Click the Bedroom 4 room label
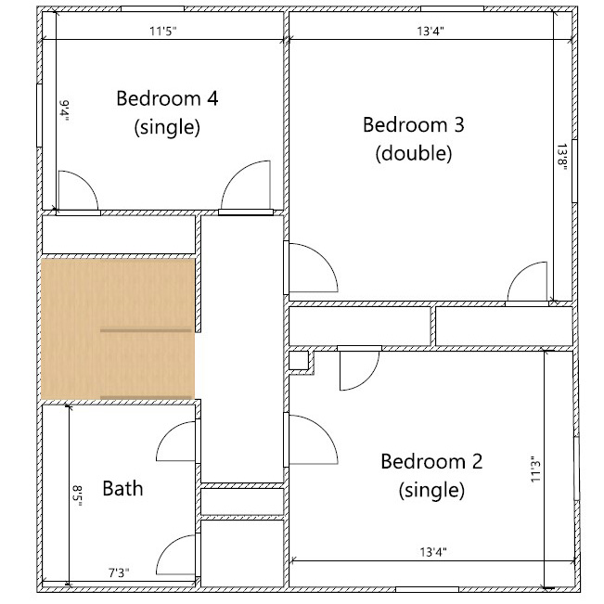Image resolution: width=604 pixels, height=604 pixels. click(167, 98)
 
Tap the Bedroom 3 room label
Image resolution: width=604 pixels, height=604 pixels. click(413, 124)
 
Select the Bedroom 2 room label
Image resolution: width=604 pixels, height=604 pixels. click(431, 461)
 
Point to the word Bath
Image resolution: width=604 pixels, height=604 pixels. click(122, 487)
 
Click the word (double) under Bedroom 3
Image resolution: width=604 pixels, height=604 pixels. click(413, 153)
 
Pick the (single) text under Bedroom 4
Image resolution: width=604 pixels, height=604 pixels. click(167, 127)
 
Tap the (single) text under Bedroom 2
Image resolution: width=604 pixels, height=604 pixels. click(431, 489)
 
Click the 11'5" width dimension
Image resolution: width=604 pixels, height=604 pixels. click(163, 31)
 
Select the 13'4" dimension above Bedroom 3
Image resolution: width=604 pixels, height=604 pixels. click(429, 31)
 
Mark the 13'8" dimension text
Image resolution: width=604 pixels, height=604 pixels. click(561, 157)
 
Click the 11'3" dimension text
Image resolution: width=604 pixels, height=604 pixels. click(536, 470)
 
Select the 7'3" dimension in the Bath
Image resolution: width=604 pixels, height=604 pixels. click(117, 573)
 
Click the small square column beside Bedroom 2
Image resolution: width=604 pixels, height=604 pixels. click(298, 360)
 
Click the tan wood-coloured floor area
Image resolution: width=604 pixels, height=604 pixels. click(117, 328)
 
